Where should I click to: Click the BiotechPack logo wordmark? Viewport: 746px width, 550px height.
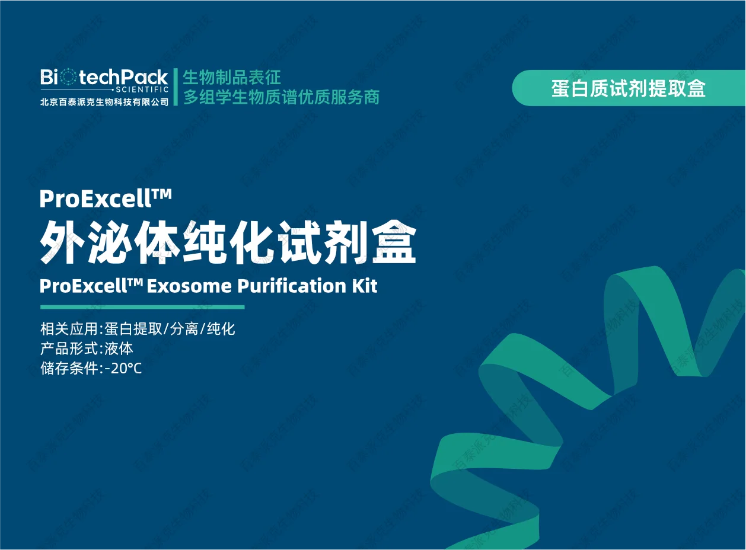(x=104, y=77)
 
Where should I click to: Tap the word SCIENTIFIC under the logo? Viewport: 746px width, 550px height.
(x=142, y=89)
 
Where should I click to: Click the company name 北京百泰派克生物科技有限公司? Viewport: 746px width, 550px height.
(x=104, y=102)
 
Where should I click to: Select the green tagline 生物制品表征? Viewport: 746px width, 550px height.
(x=232, y=77)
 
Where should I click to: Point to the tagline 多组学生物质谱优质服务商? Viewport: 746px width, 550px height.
(x=282, y=97)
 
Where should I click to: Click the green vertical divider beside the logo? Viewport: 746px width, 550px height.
(x=176, y=87)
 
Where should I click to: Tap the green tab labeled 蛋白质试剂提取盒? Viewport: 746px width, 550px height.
(x=629, y=88)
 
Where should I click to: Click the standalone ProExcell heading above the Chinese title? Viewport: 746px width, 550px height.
(x=106, y=199)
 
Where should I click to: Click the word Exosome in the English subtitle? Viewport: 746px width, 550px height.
(x=189, y=286)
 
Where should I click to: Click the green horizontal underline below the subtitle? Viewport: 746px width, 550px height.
(x=142, y=307)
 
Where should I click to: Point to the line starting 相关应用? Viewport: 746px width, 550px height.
(x=138, y=330)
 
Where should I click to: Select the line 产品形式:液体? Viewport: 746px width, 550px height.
(x=87, y=349)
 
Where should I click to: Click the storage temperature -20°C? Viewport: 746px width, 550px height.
(x=123, y=369)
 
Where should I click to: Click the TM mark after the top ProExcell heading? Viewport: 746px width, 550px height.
(x=162, y=193)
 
